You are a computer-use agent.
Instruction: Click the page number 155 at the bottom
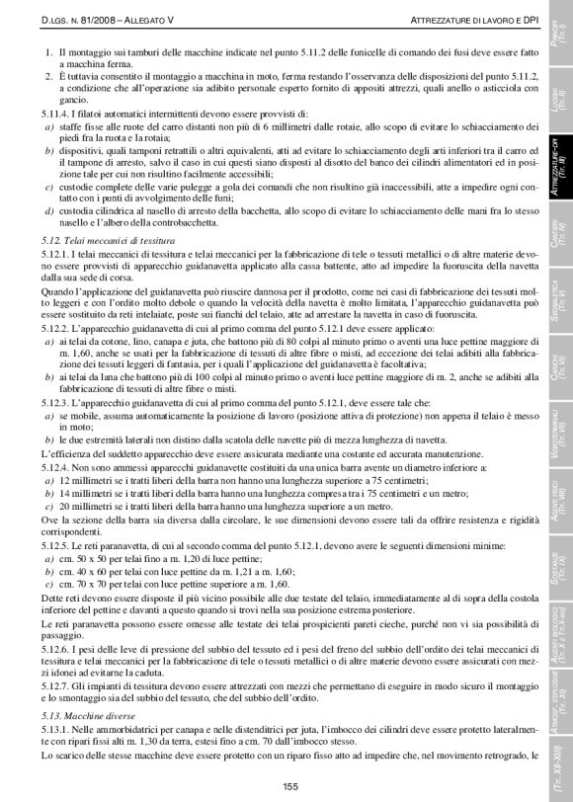pyautogui.click(x=289, y=785)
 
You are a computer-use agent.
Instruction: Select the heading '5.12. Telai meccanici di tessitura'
pyautogui.click(x=100, y=240)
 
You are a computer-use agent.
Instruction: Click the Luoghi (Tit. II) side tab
pyautogui.click(x=559, y=97)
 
